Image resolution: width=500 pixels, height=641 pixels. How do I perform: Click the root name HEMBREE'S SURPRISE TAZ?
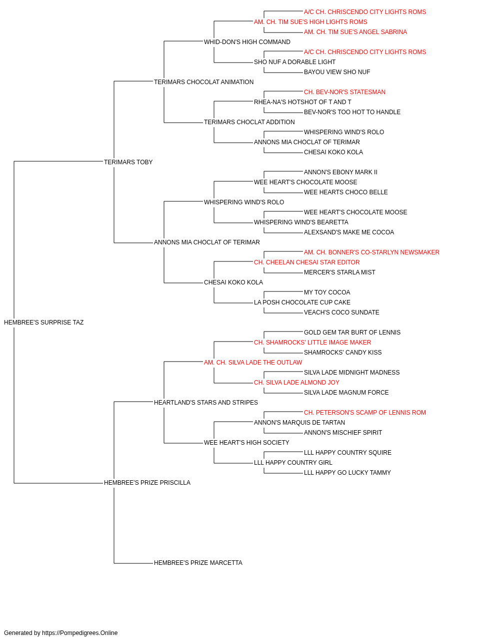point(44,323)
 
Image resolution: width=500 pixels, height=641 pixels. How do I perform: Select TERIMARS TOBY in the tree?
point(128,162)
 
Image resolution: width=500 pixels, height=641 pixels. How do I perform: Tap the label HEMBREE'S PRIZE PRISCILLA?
point(147,483)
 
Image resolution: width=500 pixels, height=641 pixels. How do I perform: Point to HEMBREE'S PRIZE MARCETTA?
point(198,563)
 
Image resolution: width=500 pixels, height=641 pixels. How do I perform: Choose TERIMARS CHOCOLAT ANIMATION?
point(204,82)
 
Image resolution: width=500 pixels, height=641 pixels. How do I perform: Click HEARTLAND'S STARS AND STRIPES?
point(206,402)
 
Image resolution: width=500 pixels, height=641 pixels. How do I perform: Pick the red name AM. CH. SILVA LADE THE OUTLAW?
point(253,363)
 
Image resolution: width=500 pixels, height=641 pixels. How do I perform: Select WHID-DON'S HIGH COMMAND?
point(247,42)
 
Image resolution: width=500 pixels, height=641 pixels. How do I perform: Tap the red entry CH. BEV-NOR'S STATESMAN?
point(344,92)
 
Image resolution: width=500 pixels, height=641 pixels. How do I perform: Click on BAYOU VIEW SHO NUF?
point(337,72)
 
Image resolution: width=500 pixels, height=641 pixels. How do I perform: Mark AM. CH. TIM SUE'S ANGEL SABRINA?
point(355,32)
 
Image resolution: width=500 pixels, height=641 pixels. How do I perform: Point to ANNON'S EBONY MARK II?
point(340,172)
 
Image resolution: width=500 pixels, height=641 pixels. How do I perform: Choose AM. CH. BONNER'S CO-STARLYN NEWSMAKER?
point(371,252)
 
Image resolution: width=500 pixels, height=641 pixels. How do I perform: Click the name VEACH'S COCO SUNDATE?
point(341,312)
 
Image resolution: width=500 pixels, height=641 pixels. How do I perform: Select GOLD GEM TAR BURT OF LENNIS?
point(352,333)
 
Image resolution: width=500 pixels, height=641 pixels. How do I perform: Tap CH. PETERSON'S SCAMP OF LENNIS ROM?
point(365,413)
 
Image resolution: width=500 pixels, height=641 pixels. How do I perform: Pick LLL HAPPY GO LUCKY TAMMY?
point(347,473)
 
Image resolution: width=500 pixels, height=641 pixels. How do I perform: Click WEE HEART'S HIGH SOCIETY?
point(246,443)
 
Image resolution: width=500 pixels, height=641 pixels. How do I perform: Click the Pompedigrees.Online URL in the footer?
point(80,633)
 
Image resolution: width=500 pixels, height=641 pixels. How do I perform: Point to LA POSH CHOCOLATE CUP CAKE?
point(302,302)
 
